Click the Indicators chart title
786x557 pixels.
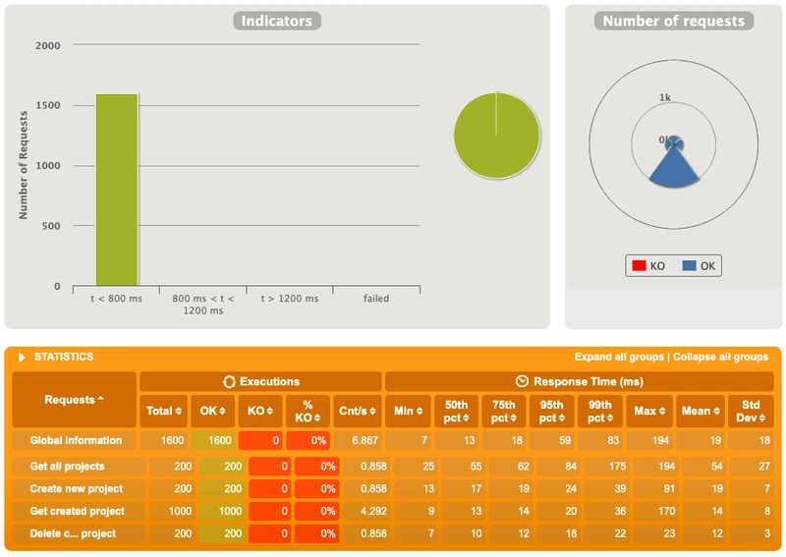click(x=276, y=21)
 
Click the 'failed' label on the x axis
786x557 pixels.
click(x=375, y=299)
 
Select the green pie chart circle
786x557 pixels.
click(x=497, y=137)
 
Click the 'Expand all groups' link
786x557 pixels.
click(x=619, y=357)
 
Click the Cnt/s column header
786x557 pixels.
click(x=358, y=411)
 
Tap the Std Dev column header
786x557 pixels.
click(x=752, y=411)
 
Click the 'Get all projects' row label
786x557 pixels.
click(x=67, y=466)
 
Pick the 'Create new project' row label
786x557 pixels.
click(x=76, y=488)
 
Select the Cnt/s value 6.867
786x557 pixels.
click(x=358, y=440)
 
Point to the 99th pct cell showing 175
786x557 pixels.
click(x=600, y=466)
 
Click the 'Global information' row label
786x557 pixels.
click(x=76, y=440)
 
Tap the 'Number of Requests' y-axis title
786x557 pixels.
click(x=23, y=166)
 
